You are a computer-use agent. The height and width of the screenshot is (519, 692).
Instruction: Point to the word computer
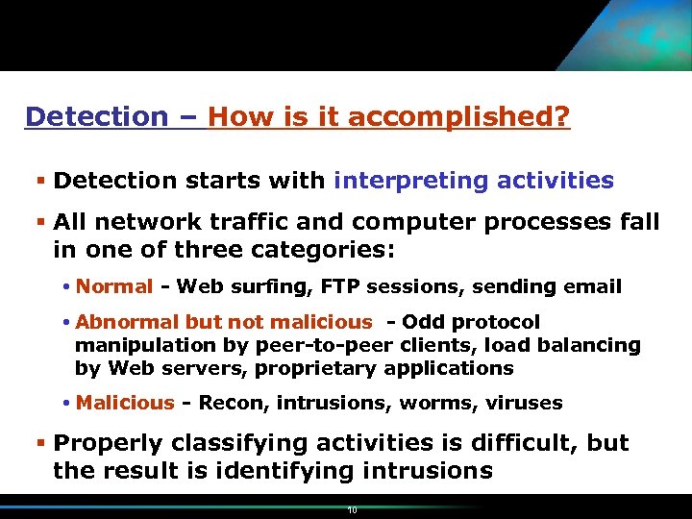pyautogui.click(x=412, y=222)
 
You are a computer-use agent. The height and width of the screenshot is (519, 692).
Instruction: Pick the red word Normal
pyautogui.click(x=114, y=286)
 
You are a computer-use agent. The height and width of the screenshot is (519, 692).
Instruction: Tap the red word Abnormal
pyautogui.click(x=117, y=322)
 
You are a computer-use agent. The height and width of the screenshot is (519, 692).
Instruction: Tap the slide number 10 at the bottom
pyautogui.click(x=353, y=510)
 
